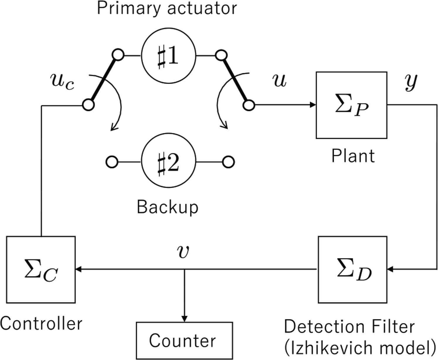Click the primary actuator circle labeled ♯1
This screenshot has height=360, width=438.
tap(168, 56)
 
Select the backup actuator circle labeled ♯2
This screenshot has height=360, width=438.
tap(168, 162)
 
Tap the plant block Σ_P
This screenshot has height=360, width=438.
tap(351, 105)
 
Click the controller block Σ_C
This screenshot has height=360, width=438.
tap(41, 269)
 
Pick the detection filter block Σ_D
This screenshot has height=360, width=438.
tap(352, 269)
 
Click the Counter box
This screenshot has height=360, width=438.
tap(184, 341)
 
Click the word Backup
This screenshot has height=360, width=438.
tap(167, 207)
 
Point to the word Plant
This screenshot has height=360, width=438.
tap(353, 156)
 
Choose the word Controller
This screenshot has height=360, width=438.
tap(41, 323)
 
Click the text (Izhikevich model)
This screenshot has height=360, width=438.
tap(360, 348)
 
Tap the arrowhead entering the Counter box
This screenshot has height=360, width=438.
tap(184, 319)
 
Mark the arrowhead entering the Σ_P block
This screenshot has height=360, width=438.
tap(313, 105)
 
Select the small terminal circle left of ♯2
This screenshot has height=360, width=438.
tap(112, 162)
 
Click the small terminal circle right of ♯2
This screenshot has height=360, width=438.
tap(228, 162)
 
